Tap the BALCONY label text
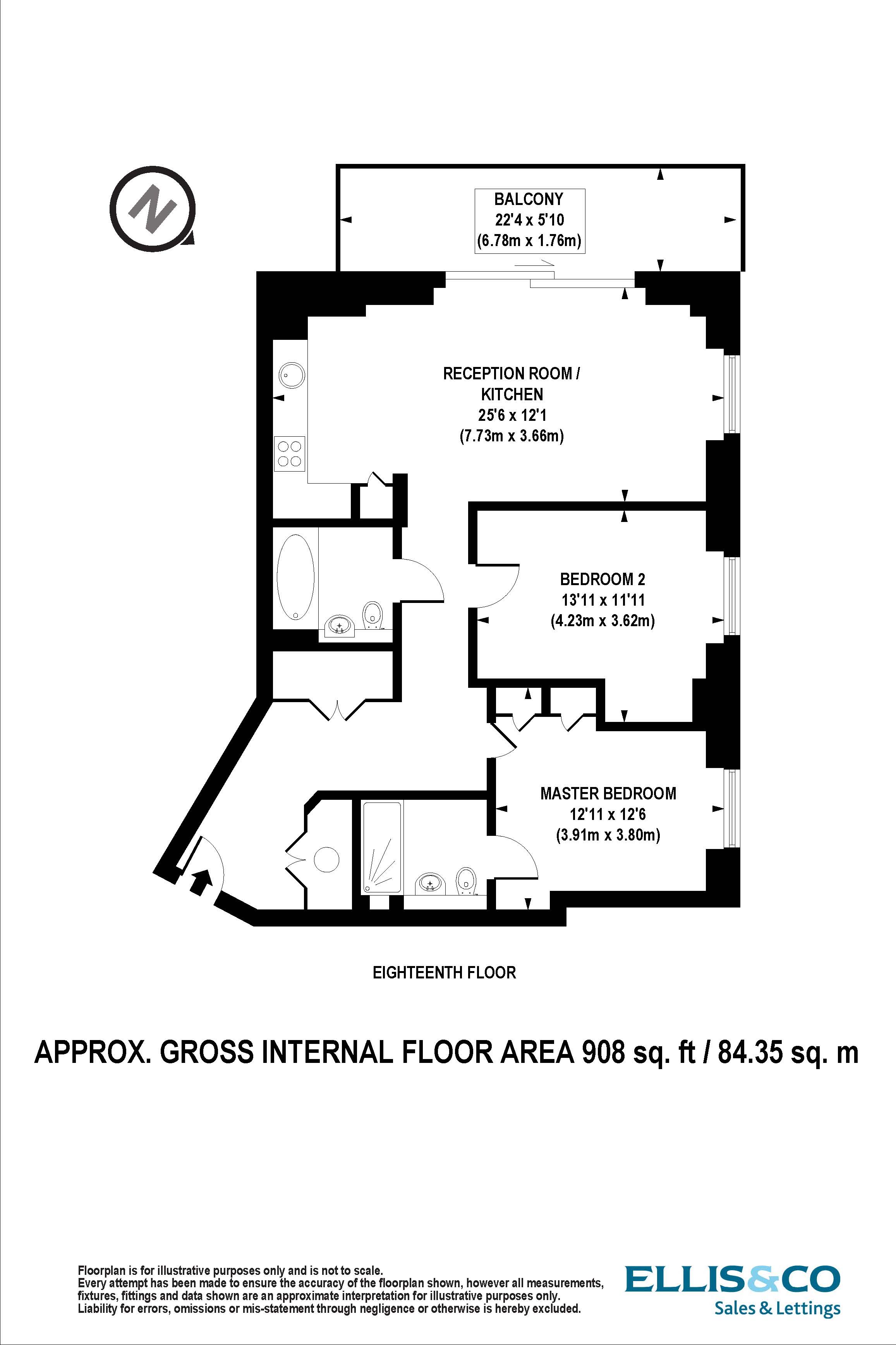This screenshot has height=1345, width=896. [529, 199]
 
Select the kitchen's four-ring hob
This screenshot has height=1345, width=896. [289, 453]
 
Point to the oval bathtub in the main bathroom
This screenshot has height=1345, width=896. [295, 577]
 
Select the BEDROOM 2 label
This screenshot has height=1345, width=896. [602, 579]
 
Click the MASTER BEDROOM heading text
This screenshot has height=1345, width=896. [608, 793]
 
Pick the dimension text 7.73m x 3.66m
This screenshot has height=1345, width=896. [512, 436]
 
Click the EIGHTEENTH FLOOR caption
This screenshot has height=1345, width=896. [444, 972]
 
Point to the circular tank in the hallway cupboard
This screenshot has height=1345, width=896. [327, 859]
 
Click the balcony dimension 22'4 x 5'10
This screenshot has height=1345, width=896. [530, 220]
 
